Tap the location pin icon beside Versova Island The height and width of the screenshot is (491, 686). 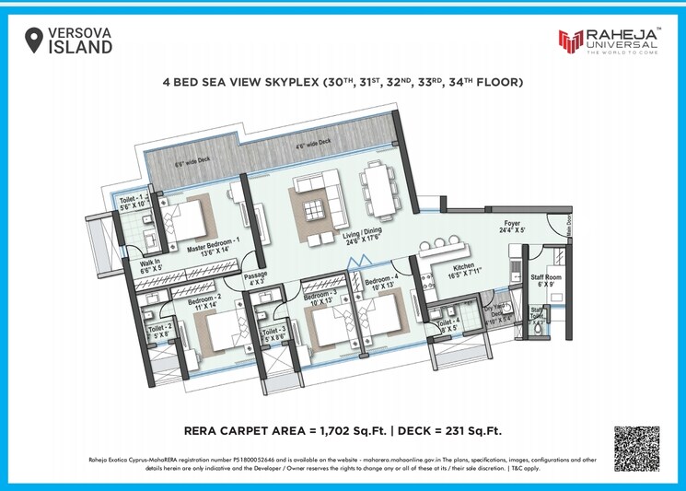coord(34,40)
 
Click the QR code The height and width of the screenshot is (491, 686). coord(636,449)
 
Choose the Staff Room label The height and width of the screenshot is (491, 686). coord(547,279)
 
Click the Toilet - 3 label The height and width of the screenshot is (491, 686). coord(275,333)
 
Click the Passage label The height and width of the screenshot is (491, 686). coord(255,279)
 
